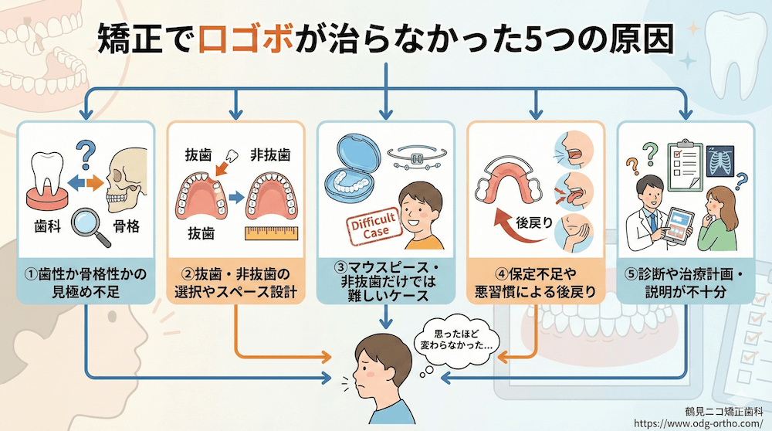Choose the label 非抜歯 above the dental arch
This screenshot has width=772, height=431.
pos(270,154)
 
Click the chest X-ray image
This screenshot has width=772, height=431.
pos(720,161)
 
